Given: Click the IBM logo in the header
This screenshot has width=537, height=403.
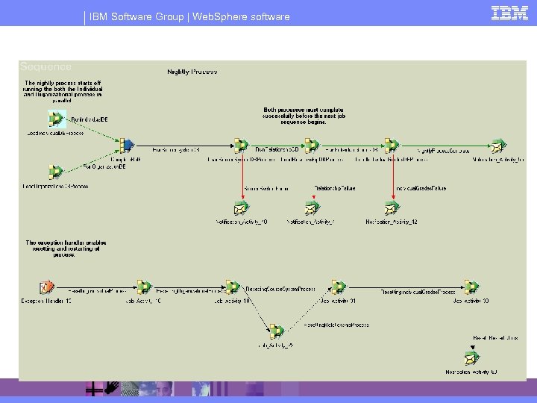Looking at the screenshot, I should pos(509,13).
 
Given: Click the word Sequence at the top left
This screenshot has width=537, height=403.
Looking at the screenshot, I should pos(46,67).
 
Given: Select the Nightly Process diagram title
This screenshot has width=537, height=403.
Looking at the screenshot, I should pos(192,72).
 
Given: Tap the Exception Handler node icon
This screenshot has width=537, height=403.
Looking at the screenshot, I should pos(46,287).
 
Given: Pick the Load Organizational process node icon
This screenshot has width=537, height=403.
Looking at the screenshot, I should pos(54,172).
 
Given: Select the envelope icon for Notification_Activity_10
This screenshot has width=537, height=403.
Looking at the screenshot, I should pos(240,208).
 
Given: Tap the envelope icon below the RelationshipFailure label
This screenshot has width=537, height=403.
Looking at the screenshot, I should pos(313,208).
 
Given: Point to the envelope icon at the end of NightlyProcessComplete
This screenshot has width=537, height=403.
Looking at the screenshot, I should pos(497,145).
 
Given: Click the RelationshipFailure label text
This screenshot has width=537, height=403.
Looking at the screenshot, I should pos(334,188).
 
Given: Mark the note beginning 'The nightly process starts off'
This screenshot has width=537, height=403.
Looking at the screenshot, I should pos(63,91).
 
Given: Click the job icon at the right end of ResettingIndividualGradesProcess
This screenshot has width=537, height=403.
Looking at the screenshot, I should pos(471,287).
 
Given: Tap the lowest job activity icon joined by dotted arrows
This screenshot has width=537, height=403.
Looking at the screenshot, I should pos(275,331).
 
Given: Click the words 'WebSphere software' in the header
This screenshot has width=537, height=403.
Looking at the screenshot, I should pos(241,16).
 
